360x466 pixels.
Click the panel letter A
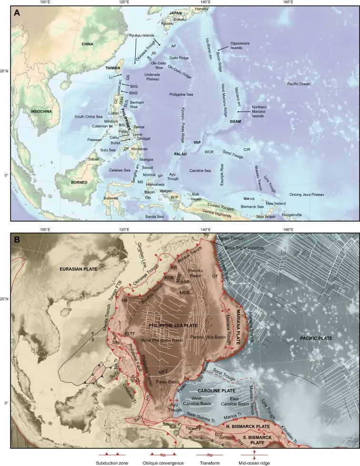(17, 13)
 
